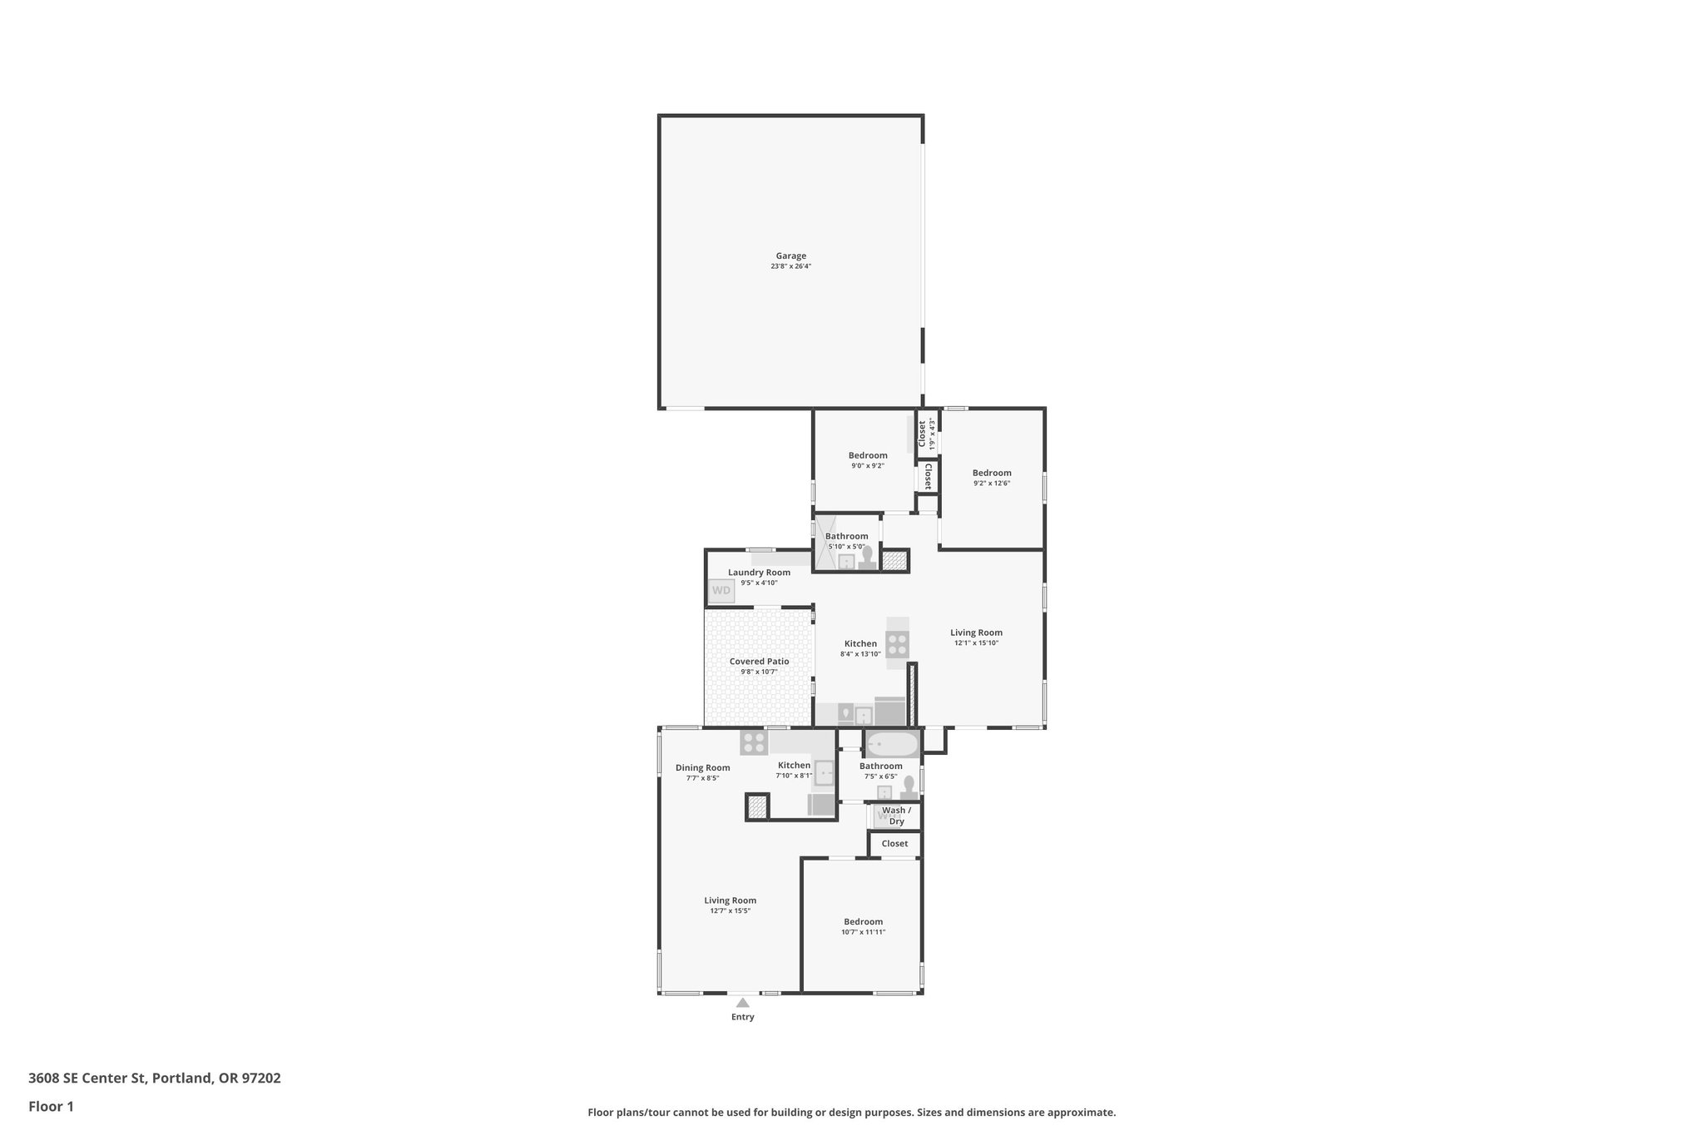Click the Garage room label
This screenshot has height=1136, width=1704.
pos(790,256)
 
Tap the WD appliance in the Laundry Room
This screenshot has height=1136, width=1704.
pos(721,591)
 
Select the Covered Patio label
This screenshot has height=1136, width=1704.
pos(759,662)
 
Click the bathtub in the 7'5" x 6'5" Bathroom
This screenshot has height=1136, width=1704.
pos(891,743)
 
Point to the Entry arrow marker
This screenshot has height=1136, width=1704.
pos(742,1003)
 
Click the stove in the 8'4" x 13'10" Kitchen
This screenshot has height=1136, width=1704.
pos(898,644)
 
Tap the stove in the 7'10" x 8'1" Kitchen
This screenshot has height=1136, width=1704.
pos(754,742)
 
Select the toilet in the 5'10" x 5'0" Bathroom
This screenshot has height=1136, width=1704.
pos(867,557)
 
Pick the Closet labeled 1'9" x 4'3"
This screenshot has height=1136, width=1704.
pos(922,434)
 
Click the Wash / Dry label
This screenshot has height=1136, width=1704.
pos(896,816)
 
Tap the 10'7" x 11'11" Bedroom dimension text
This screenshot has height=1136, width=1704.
pos(863,932)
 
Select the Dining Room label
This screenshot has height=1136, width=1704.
pos(702,768)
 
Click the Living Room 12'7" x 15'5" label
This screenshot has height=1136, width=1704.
pos(730,900)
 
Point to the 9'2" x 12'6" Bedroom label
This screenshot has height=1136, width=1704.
pos(991,473)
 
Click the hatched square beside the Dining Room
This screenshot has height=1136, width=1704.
pos(757,806)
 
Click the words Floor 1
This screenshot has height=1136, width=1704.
pos(51,1107)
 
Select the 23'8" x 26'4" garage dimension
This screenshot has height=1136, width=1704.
pos(790,267)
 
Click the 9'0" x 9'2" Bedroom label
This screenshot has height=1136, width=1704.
pos(867,455)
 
